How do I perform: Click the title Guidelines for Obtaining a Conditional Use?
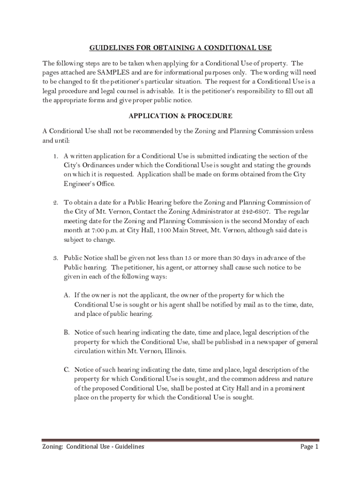pyautogui.click(x=180, y=48)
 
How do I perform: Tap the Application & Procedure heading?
pyautogui.click(x=180, y=115)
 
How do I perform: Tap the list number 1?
pyautogui.click(x=55, y=156)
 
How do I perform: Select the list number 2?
pyautogui.click(x=55, y=202)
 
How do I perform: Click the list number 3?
pyautogui.click(x=55, y=258)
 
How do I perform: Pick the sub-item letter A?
pyautogui.click(x=68, y=295)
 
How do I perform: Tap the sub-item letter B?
pyautogui.click(x=68, y=333)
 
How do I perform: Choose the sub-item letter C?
pyautogui.click(x=68, y=370)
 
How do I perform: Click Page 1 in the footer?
pyautogui.click(x=309, y=447)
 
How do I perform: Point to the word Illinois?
pyautogui.click(x=174, y=351)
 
